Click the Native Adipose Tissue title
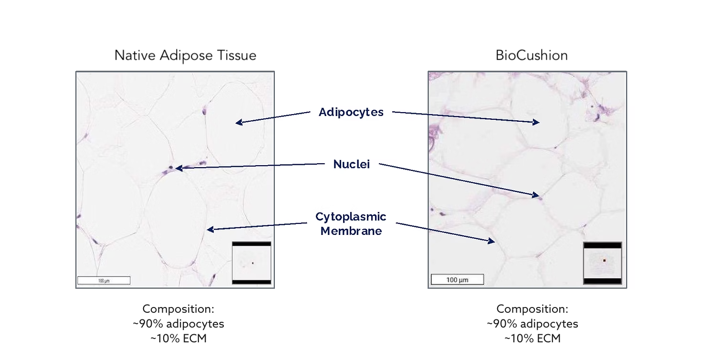click(186, 55)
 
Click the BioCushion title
click(532, 55)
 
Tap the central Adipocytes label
click(351, 112)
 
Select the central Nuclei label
click(352, 164)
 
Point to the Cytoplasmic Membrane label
click(351, 223)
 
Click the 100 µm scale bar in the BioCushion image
click(458, 279)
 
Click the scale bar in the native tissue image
click(104, 280)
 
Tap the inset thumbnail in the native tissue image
click(251, 263)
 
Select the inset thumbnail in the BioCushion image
click(603, 263)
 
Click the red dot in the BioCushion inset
click(605, 260)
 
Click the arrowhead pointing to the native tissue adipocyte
click(239, 122)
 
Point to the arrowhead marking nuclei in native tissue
click(179, 168)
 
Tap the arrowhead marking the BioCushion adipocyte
click(536, 122)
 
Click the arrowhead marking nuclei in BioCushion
click(536, 195)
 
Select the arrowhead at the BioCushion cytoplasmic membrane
click(491, 241)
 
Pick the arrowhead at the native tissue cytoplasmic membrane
click(210, 229)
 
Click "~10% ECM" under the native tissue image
click(178, 339)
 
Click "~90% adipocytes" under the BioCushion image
click(532, 324)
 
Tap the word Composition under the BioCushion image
click(532, 309)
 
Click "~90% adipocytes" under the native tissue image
click(178, 324)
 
